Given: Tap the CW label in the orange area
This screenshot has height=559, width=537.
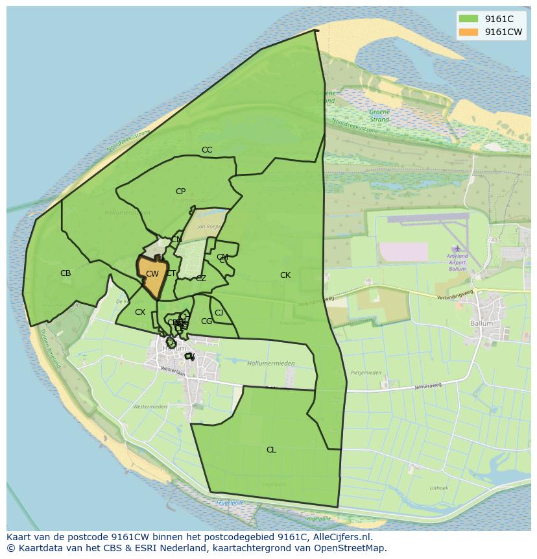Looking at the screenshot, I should click(152, 274).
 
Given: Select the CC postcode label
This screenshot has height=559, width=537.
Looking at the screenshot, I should click(207, 150).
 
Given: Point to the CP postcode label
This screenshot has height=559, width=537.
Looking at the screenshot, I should click(180, 192).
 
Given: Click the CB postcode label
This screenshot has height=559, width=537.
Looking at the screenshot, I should click(66, 273).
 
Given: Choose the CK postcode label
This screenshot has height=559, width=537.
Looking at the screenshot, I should click(285, 275).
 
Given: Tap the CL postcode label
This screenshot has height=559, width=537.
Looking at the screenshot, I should click(271, 450).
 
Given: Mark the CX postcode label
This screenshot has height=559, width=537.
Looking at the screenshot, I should click(140, 312).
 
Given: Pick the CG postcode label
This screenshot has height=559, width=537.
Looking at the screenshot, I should click(206, 321).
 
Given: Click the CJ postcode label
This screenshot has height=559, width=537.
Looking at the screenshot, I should click(219, 313).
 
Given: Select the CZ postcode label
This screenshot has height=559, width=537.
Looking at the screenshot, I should click(201, 279).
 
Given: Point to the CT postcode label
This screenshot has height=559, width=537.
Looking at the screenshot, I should click(171, 273).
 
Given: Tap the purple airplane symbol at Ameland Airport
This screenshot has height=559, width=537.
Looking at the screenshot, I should click(458, 248).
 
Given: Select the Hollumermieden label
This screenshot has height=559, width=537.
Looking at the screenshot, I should click(271, 364).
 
